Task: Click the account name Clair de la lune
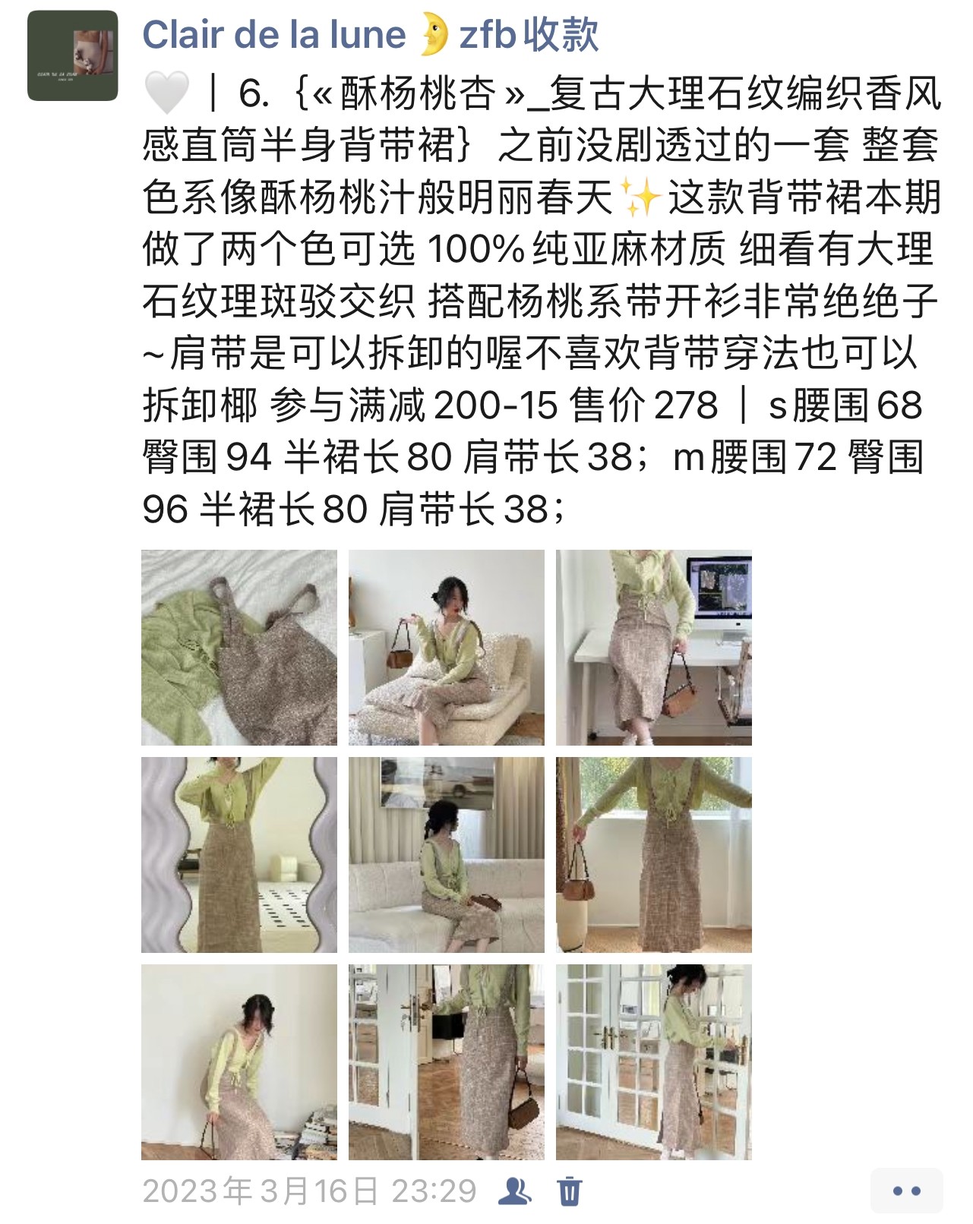point(273,35)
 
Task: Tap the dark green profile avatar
point(72,55)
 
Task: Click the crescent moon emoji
point(433,35)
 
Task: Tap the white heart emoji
point(166,93)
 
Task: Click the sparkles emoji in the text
point(640,197)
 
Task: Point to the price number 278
point(686,405)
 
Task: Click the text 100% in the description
point(475,249)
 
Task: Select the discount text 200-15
point(495,405)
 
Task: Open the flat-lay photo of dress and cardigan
point(239,647)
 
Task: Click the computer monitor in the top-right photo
point(720,591)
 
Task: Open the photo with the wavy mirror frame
point(239,854)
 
